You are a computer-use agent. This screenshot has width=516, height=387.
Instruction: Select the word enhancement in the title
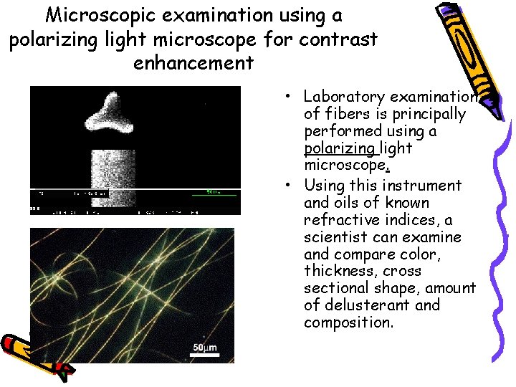click(193, 62)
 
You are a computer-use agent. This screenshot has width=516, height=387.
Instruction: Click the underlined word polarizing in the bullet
click(339, 149)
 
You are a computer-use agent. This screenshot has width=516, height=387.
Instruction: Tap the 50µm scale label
click(204, 349)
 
